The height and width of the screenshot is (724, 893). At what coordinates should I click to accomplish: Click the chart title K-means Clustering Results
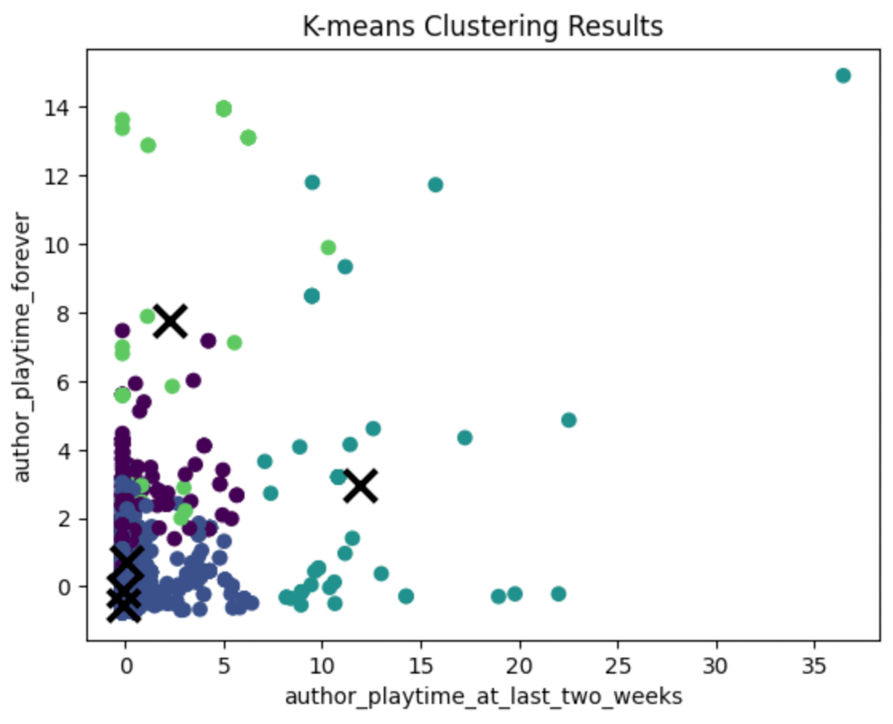click(x=482, y=27)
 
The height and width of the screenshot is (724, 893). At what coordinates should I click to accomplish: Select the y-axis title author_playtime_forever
click(x=24, y=348)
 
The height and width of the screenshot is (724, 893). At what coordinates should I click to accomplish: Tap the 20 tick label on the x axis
click(x=519, y=662)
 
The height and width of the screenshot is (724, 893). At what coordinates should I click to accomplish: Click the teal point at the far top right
click(x=842, y=75)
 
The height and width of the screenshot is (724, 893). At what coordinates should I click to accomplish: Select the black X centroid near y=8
click(x=170, y=321)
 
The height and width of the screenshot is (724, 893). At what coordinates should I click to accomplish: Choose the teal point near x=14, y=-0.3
click(x=406, y=596)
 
